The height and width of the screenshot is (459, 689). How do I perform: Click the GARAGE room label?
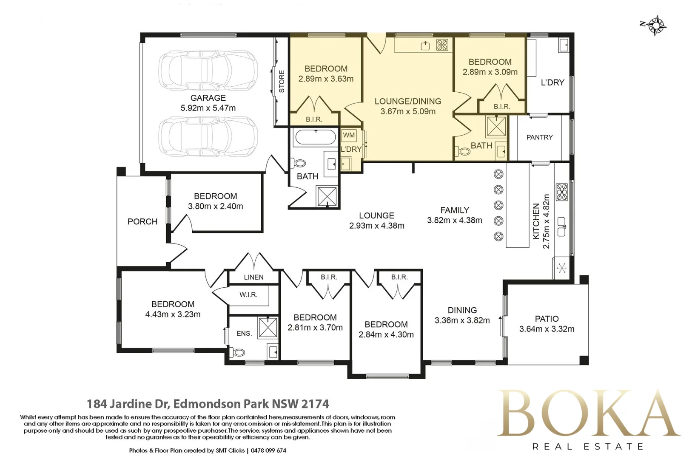[x=208, y=98]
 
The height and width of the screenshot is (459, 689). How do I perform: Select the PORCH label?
[x=142, y=221]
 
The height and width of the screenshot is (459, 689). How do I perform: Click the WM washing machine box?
[x=349, y=135]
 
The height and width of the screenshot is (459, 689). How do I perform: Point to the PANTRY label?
[x=540, y=137]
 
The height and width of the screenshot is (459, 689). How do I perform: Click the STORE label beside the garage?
[x=282, y=82]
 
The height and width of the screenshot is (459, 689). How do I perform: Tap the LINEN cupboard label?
[x=254, y=277]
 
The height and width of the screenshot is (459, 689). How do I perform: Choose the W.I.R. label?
[x=248, y=295]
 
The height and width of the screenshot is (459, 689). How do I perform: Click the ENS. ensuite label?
[x=244, y=333]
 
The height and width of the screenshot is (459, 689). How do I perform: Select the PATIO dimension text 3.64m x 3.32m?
[x=547, y=329]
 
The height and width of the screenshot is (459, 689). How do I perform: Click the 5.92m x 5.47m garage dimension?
[x=208, y=108]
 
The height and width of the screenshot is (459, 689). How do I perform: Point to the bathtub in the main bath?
[x=316, y=137]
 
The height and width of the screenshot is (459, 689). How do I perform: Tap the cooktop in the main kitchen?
[x=562, y=192]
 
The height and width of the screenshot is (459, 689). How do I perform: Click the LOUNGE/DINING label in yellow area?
[x=408, y=101]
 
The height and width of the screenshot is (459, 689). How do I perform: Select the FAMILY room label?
[x=455, y=210]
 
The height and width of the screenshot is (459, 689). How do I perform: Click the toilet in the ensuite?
[x=238, y=352]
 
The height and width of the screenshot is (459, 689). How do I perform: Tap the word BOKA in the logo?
[x=588, y=413]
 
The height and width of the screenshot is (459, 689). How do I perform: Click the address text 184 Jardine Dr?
[x=128, y=404]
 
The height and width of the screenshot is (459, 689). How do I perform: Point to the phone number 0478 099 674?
[x=268, y=450]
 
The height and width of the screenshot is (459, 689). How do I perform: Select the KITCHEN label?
[x=536, y=221]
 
